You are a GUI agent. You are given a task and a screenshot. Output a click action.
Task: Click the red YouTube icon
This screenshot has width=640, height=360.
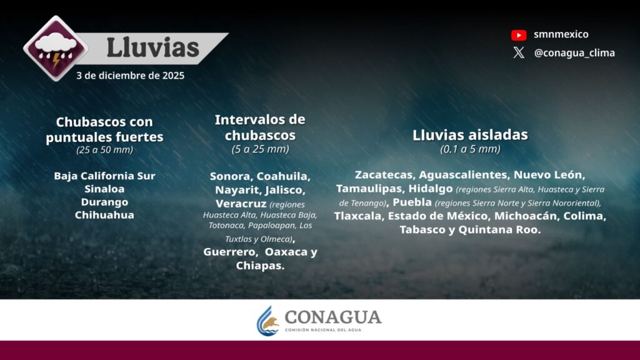[519, 35]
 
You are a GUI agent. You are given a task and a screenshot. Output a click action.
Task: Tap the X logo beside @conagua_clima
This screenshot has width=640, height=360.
[519, 52]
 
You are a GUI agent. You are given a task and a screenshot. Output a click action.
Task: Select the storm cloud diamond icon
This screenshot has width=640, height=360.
[56, 48]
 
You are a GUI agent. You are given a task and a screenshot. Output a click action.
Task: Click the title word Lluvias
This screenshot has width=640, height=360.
[152, 47]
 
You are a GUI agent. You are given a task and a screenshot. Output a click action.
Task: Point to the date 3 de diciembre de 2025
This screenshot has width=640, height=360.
[130, 76]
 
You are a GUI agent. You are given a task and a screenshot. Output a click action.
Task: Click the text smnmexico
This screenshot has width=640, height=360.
[561, 34]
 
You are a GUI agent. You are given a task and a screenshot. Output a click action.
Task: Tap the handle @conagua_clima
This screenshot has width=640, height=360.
[574, 53]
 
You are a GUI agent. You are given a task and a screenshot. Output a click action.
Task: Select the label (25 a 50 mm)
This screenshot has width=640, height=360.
[104, 150]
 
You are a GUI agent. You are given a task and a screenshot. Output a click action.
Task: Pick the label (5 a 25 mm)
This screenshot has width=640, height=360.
[260, 149]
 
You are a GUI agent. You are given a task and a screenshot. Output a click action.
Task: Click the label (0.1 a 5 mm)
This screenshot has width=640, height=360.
[470, 149]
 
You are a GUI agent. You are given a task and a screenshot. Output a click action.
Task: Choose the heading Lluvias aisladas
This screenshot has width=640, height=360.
[470, 135]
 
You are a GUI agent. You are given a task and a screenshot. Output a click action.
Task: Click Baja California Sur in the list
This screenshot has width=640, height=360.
[104, 176]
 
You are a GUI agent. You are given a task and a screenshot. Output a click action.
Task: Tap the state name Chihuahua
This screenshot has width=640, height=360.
[104, 215]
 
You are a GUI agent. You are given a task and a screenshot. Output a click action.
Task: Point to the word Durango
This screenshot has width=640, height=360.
[104, 202]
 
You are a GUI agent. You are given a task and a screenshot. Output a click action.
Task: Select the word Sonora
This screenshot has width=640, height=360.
[231, 176]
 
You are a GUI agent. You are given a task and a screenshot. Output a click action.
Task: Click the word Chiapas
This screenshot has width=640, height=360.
[260, 266]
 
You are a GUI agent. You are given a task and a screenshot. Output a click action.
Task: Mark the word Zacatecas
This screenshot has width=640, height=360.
[384, 175]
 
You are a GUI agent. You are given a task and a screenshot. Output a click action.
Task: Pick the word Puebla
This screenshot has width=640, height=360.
[412, 202]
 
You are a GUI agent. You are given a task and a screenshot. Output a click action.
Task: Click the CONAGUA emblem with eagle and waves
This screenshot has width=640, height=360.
[267, 321]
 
